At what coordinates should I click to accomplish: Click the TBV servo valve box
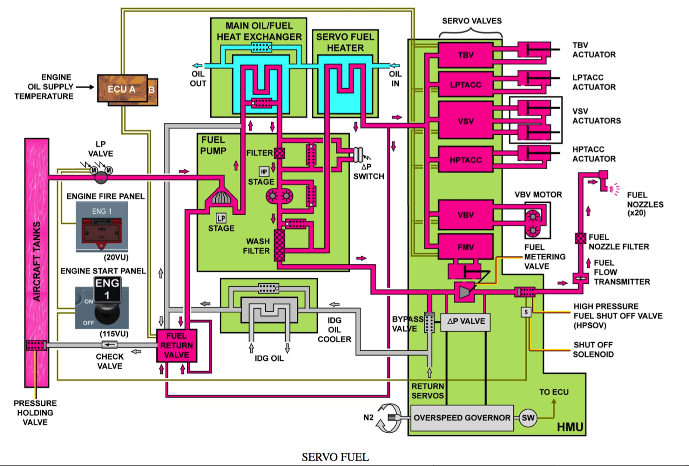[x=466, y=55]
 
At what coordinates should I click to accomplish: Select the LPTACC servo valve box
[x=466, y=84]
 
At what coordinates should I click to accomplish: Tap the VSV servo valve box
[x=466, y=121]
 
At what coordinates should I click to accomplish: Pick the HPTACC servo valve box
[x=466, y=160]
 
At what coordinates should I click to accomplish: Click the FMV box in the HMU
[x=466, y=247]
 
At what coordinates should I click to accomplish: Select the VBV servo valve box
[x=466, y=215]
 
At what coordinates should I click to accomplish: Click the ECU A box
[x=122, y=89]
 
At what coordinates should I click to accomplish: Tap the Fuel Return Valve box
[x=177, y=345]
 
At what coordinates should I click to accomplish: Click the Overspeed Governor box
[x=462, y=418]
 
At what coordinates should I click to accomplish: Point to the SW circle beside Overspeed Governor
[x=528, y=418]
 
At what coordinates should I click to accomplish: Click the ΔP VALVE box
[x=466, y=322]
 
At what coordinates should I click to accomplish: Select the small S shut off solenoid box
[x=526, y=312]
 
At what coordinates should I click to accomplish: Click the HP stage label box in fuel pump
[x=264, y=172]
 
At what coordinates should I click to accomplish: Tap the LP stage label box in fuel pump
[x=221, y=218]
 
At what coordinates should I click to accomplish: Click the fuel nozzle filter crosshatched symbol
[x=580, y=238]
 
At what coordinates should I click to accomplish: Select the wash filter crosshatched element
[x=279, y=245]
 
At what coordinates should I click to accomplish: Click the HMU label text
[x=570, y=427]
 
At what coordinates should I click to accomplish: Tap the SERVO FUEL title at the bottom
[x=335, y=457]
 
